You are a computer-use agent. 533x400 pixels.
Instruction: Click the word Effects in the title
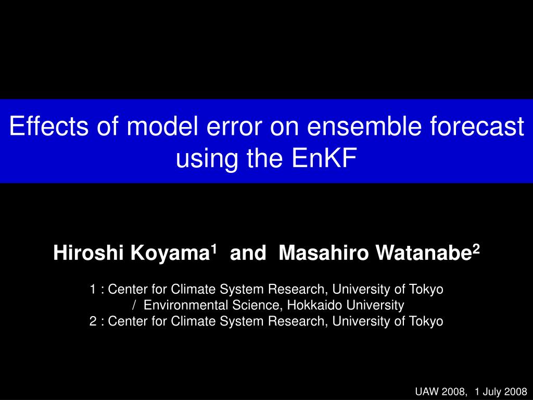point(49,126)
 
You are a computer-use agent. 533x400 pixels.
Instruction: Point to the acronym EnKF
point(324,158)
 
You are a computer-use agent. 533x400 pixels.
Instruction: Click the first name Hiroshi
point(88,253)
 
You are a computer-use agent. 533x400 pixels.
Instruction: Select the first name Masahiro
point(323,253)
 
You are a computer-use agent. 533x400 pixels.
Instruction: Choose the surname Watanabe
point(424,253)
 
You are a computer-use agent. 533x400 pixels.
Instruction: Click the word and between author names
point(248,253)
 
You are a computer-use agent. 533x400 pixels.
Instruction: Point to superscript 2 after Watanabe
point(476,249)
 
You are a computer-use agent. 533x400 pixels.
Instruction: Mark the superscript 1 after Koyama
point(213,249)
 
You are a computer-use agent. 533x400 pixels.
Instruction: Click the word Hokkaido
point(314,305)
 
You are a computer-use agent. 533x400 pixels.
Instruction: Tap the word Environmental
point(186,305)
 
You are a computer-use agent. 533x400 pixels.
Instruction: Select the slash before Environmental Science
point(135,305)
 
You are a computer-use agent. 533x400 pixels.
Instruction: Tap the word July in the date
point(493,392)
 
